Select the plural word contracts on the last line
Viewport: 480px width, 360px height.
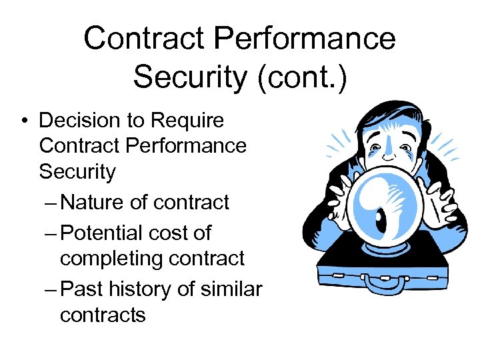(102, 314)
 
